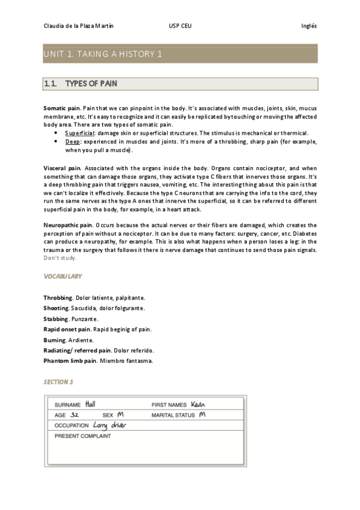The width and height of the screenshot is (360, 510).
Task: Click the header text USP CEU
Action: click(181, 26)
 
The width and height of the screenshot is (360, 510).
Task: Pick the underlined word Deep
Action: click(72, 141)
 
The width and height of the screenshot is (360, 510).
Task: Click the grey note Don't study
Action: click(60, 258)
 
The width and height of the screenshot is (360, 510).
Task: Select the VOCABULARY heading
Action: click(63, 276)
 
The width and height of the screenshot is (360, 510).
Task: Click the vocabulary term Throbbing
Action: click(58, 298)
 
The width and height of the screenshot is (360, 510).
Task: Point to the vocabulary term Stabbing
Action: click(56, 318)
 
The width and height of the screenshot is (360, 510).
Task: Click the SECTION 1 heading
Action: click(58, 382)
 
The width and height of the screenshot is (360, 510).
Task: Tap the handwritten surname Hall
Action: click(91, 404)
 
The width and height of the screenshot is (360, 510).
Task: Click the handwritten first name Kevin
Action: click(198, 404)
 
